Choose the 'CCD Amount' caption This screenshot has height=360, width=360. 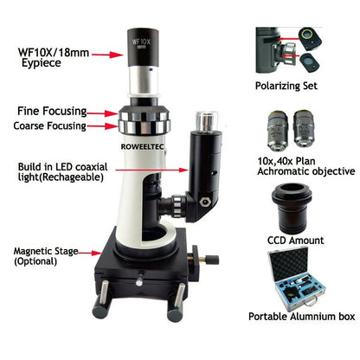[x=293, y=240]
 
